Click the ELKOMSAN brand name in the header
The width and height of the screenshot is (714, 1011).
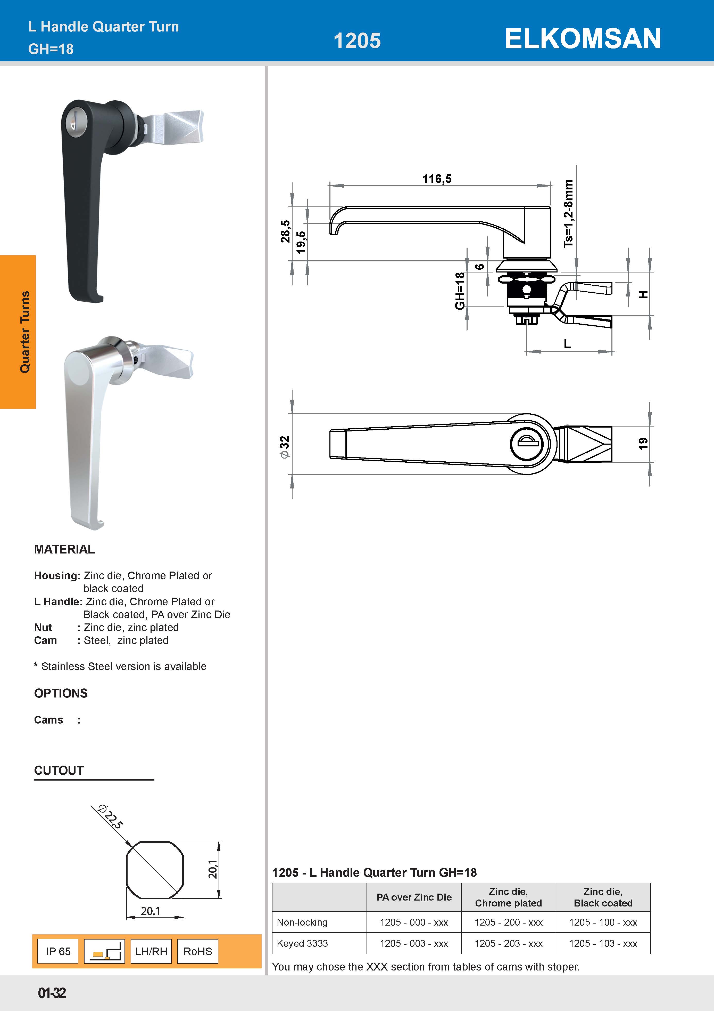pyautogui.click(x=583, y=39)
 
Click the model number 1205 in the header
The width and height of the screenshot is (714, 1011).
pyautogui.click(x=357, y=41)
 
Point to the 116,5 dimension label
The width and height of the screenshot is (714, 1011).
pyautogui.click(x=437, y=179)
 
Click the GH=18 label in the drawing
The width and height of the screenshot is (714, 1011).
pyautogui.click(x=460, y=291)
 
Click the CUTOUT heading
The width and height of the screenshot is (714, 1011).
pyautogui.click(x=59, y=770)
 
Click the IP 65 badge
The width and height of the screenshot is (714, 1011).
pyautogui.click(x=58, y=951)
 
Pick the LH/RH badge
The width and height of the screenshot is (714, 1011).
pyautogui.click(x=151, y=951)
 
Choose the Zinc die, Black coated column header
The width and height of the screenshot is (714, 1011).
pyautogui.click(x=603, y=897)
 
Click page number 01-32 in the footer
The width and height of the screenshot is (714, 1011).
pyautogui.click(x=52, y=993)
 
